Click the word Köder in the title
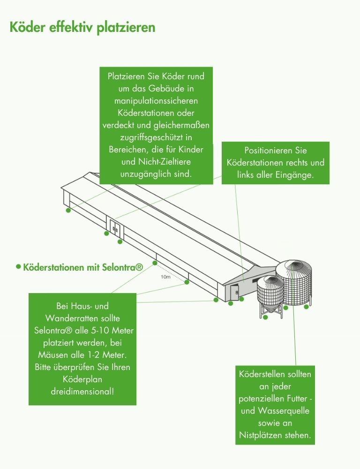29,27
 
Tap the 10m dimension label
165,277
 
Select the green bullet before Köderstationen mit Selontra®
18,266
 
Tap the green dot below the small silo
265,318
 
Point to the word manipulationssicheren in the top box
156,100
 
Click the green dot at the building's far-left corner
68,211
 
